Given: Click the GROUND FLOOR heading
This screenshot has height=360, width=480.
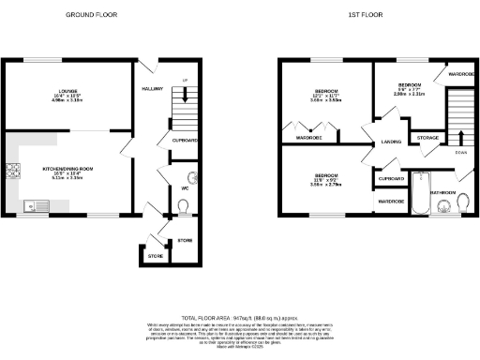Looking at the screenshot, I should [x=93, y=16].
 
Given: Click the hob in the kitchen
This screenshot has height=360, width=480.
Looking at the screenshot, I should [x=13, y=171].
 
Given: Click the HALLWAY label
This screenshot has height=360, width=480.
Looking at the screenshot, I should [x=152, y=89].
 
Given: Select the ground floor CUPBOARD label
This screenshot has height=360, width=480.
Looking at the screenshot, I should [x=185, y=140].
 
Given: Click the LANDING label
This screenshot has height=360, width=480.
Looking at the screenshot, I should [x=390, y=142].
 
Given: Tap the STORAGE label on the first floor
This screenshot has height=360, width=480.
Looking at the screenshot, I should [x=428, y=138].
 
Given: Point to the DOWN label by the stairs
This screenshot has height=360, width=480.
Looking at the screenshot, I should [x=460, y=152].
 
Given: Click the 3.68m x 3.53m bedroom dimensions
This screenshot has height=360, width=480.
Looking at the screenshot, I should [x=326, y=100].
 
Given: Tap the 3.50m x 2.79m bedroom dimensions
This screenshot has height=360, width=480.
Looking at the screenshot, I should [x=326, y=185].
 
